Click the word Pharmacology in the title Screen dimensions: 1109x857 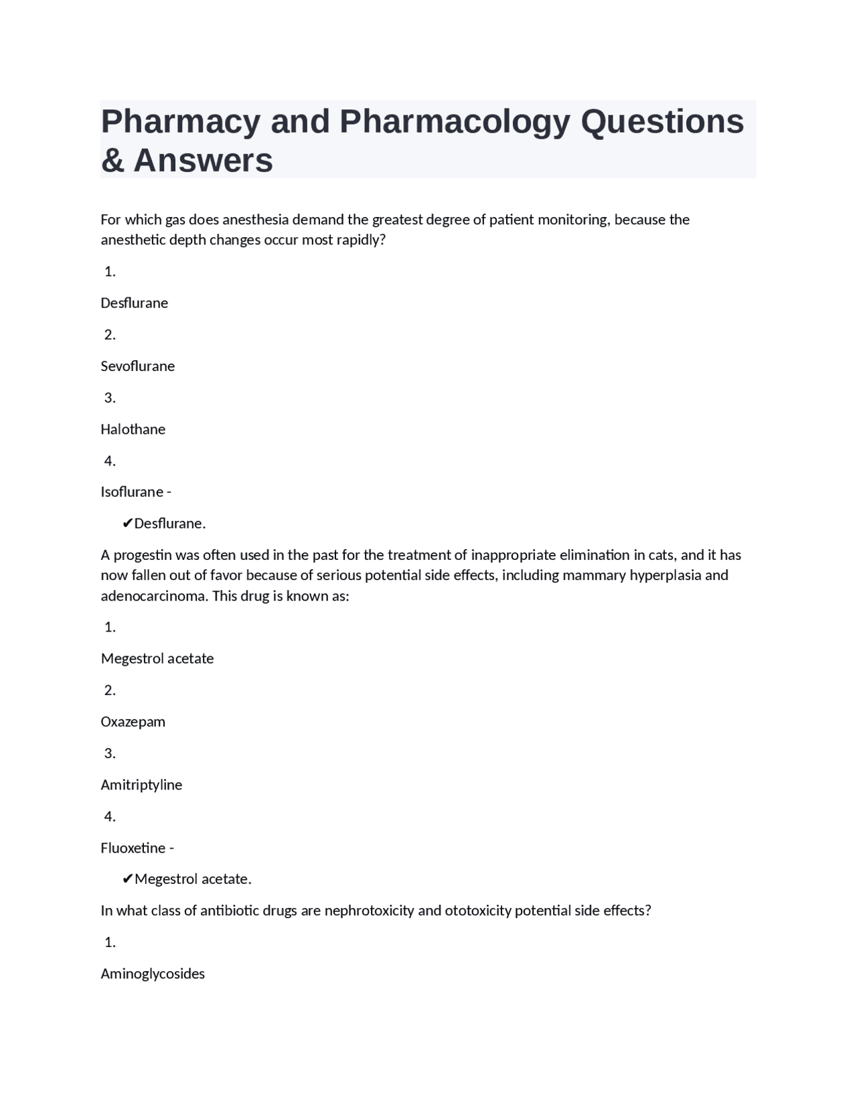point(455,122)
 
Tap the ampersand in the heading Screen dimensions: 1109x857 point(112,161)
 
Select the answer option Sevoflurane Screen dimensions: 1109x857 point(137,366)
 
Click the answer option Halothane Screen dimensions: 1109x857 point(133,429)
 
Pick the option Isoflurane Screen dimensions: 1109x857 point(131,492)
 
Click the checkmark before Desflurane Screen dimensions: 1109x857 point(127,524)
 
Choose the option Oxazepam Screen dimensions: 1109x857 point(133,722)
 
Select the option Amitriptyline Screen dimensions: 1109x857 point(141,785)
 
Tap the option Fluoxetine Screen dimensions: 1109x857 point(133,848)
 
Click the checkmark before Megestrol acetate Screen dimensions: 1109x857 point(127,879)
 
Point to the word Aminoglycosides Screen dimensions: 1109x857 point(153,974)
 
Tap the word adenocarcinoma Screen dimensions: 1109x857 point(154,596)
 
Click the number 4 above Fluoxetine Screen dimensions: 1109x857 point(109,816)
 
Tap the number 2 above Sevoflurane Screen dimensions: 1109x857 point(109,335)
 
